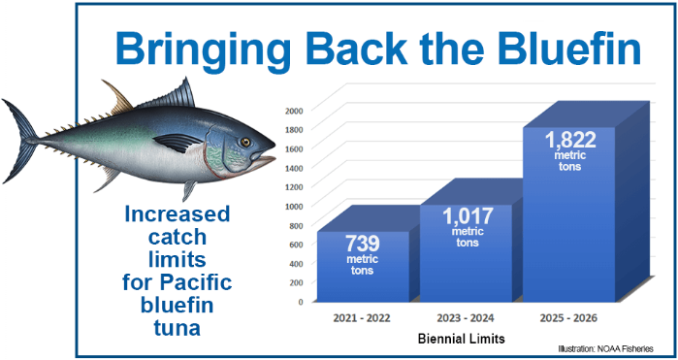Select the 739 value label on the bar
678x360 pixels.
point(363,244)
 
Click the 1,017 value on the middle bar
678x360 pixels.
point(468,216)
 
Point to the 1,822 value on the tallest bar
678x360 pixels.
point(570,140)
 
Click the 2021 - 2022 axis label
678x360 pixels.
point(362,318)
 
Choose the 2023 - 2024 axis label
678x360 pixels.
point(466,318)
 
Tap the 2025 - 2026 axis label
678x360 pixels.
point(568,318)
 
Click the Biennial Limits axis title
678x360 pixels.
point(462,340)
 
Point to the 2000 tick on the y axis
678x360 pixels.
point(296,110)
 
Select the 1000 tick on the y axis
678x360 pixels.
point(296,206)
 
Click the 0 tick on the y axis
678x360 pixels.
point(301,302)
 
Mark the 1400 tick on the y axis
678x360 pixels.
point(296,168)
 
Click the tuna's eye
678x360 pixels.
point(245,142)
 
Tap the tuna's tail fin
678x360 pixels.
point(19,140)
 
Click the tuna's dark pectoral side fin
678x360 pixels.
point(178,142)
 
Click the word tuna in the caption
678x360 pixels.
point(178,328)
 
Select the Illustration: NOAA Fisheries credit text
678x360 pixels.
point(605,348)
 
